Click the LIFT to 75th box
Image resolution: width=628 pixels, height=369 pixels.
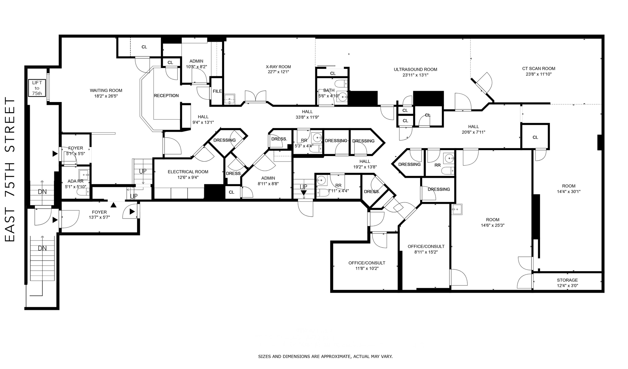[37, 88]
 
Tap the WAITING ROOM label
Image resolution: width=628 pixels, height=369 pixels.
[106, 90]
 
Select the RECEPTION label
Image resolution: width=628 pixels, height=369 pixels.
[166, 96]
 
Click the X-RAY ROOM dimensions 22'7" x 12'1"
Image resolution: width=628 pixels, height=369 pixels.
[278, 72]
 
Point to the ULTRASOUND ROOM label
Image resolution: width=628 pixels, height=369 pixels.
[415, 70]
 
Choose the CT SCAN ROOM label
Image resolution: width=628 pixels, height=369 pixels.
[538, 69]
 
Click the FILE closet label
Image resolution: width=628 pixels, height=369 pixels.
[217, 91]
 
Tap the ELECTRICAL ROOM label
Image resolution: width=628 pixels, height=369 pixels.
[188, 172]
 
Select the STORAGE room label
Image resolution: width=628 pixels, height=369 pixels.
[567, 280]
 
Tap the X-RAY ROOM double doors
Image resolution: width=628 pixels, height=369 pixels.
[255, 97]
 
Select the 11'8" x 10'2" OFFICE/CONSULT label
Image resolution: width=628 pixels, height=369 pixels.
[366, 263]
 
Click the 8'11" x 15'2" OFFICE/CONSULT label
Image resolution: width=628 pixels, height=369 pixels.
[426, 247]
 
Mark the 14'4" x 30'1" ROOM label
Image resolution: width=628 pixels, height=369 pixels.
[569, 186]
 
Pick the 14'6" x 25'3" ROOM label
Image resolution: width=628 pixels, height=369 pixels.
[492, 220]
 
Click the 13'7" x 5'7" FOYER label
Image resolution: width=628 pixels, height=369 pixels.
[99, 212]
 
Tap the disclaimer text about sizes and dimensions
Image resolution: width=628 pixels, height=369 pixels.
[325, 356]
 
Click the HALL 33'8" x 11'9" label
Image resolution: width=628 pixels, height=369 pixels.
[307, 112]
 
